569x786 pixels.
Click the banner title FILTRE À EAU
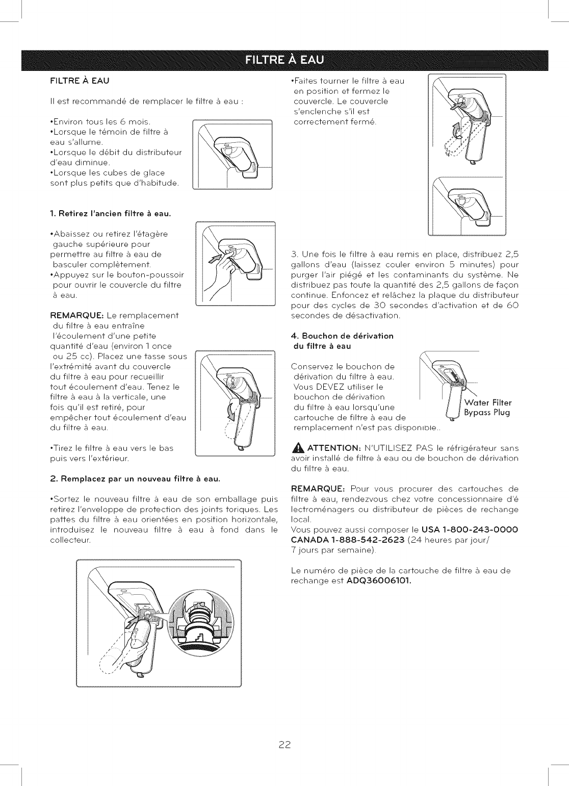coord(284,60)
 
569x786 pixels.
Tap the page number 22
coord(284,745)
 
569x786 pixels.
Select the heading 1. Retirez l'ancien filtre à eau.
coord(111,213)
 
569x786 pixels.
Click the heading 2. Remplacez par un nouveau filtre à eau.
coord(135,478)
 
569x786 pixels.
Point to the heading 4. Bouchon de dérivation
coord(342,336)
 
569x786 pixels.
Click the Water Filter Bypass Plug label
coord(487,408)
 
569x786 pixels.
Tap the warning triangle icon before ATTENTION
coord(298,448)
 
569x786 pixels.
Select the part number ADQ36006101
coord(379,580)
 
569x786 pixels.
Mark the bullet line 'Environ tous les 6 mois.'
coord(100,121)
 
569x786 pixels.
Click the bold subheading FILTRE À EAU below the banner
coord(80,81)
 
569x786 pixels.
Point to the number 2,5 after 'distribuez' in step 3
coord(511,254)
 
